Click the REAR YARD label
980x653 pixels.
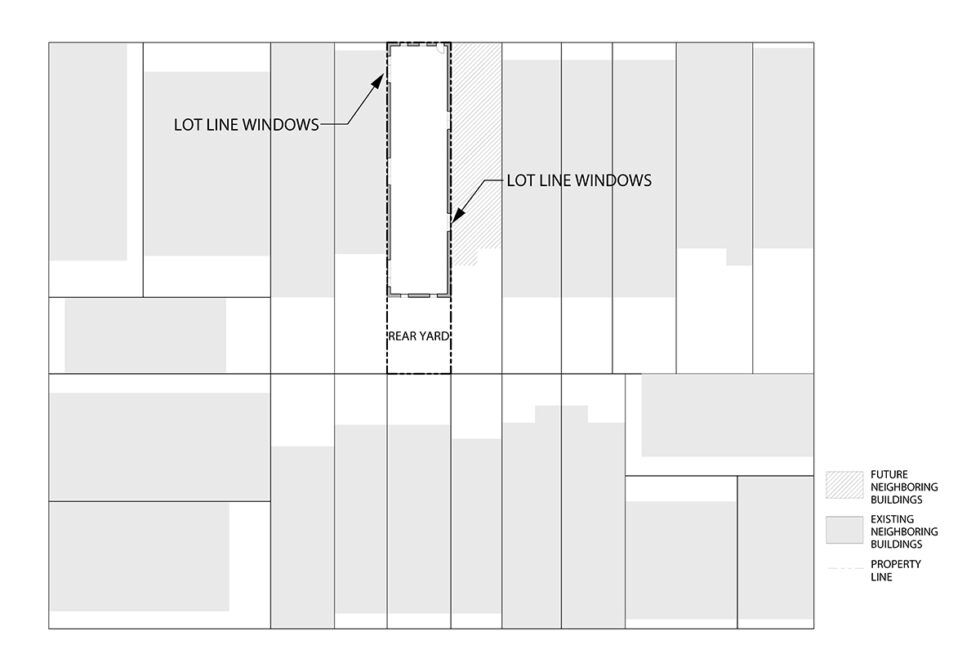point(418,336)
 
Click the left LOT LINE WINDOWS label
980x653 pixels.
point(246,125)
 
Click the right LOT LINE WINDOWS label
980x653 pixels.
point(579,181)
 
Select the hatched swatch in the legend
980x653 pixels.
point(843,485)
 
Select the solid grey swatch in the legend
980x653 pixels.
point(843,530)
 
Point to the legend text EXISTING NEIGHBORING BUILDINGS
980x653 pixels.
point(896,531)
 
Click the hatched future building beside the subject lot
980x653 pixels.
point(474,150)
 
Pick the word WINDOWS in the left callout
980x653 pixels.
point(282,125)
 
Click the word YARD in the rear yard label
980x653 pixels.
point(434,336)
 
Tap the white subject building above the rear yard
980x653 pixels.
point(418,170)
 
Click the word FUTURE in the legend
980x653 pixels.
point(889,473)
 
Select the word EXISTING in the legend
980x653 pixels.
point(892,519)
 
